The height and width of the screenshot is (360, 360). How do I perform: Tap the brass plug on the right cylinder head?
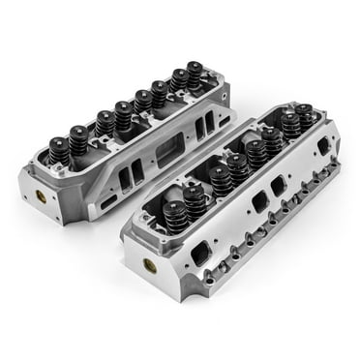(x=149, y=263)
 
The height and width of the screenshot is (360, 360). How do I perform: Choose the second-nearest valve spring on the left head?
(x=78, y=139)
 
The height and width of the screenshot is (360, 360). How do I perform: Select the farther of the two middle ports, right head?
(x=280, y=184)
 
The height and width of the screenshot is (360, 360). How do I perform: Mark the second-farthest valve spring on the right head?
(x=291, y=127)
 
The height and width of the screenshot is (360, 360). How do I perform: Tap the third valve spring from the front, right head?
(x=221, y=179)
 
